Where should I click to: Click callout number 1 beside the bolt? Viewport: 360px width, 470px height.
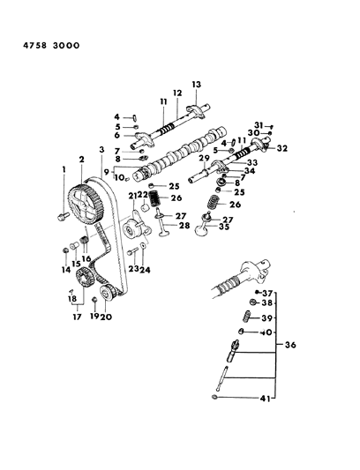coord(64,168)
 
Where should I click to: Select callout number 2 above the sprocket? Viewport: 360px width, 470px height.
coord(82,160)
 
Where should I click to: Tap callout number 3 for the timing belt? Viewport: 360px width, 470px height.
coord(101,150)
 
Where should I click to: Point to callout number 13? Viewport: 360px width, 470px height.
coord(197,84)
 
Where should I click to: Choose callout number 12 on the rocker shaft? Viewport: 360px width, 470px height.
coord(176,93)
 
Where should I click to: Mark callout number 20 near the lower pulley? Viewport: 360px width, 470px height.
coord(106,316)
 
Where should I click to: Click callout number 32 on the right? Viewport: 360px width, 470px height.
coord(281,149)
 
